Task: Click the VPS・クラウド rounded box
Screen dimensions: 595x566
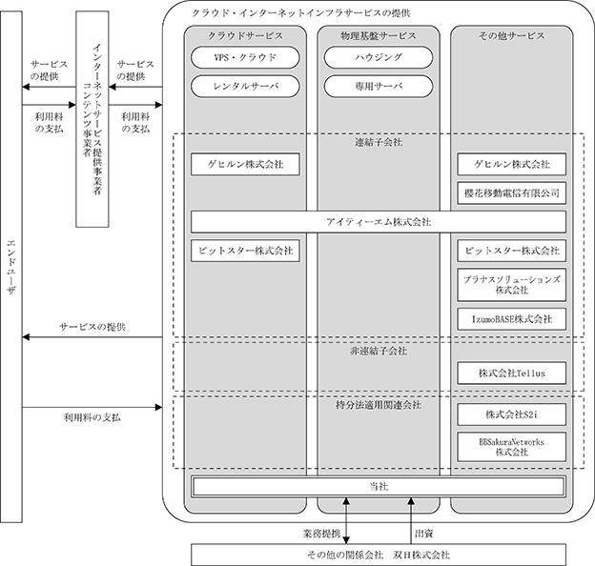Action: (245, 57)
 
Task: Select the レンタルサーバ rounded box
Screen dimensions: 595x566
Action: (245, 87)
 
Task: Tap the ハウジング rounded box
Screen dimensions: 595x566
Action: (379, 57)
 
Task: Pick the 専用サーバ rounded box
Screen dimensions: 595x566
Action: (379, 87)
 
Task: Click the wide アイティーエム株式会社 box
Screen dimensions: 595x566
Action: (379, 222)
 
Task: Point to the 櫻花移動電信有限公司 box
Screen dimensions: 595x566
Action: (511, 193)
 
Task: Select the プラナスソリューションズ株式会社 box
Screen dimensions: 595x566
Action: (511, 285)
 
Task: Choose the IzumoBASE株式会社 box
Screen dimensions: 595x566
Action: (511, 319)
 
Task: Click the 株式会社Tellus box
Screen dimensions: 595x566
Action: (511, 373)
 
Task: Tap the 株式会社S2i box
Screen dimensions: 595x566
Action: (511, 414)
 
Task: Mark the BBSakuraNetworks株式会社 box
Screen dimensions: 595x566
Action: (511, 447)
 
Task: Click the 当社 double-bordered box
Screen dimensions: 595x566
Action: (379, 487)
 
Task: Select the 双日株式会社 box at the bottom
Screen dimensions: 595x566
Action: (379, 555)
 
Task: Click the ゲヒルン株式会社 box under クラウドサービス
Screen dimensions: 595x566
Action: (245, 164)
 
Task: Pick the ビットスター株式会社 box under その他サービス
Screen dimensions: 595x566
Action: (511, 251)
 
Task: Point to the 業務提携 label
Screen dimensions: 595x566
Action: (321, 534)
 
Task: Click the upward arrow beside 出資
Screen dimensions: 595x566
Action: (411, 521)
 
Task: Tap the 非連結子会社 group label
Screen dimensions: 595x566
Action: (379, 351)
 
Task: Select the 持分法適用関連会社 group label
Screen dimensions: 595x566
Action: (379, 405)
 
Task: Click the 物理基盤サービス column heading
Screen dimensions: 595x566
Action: (379, 35)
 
